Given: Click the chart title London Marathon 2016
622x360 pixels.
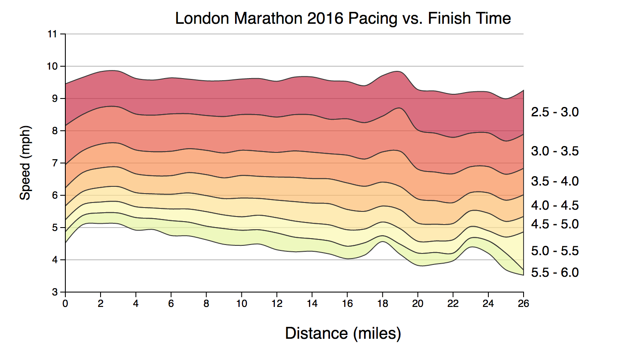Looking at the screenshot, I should pos(343,19).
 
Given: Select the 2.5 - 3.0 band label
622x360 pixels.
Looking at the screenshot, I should pos(555,112).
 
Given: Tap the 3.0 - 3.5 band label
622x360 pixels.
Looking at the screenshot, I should pos(555,151).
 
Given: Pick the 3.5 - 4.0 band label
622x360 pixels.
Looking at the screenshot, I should pos(555,181).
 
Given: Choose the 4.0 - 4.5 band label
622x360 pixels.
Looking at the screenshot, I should pos(555,205).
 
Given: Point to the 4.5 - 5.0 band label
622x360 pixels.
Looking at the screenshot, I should pos(555,224).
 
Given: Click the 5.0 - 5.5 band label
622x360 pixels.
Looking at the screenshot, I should pos(555,251).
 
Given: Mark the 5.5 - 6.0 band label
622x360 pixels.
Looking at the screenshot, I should pos(555,273).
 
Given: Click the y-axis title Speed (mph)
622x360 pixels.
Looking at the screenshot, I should pos(25,163).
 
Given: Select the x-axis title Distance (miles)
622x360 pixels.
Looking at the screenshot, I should pos(343,333).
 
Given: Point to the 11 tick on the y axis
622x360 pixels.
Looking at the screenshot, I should pos(52,34).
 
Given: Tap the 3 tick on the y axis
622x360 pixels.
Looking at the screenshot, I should pos(55,292).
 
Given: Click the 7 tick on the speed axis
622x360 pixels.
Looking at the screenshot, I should pos(55,163).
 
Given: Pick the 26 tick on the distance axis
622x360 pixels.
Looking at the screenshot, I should pos(524,304).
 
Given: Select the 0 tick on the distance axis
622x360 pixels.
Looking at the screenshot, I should pos(65,304).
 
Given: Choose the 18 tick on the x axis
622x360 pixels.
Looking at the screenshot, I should pos(383,304).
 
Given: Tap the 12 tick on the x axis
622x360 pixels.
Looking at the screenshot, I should pos(277,304).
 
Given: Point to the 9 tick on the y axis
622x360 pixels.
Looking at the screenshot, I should pos(55,98).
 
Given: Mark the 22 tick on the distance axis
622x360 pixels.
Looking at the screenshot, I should pos(453,304).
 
